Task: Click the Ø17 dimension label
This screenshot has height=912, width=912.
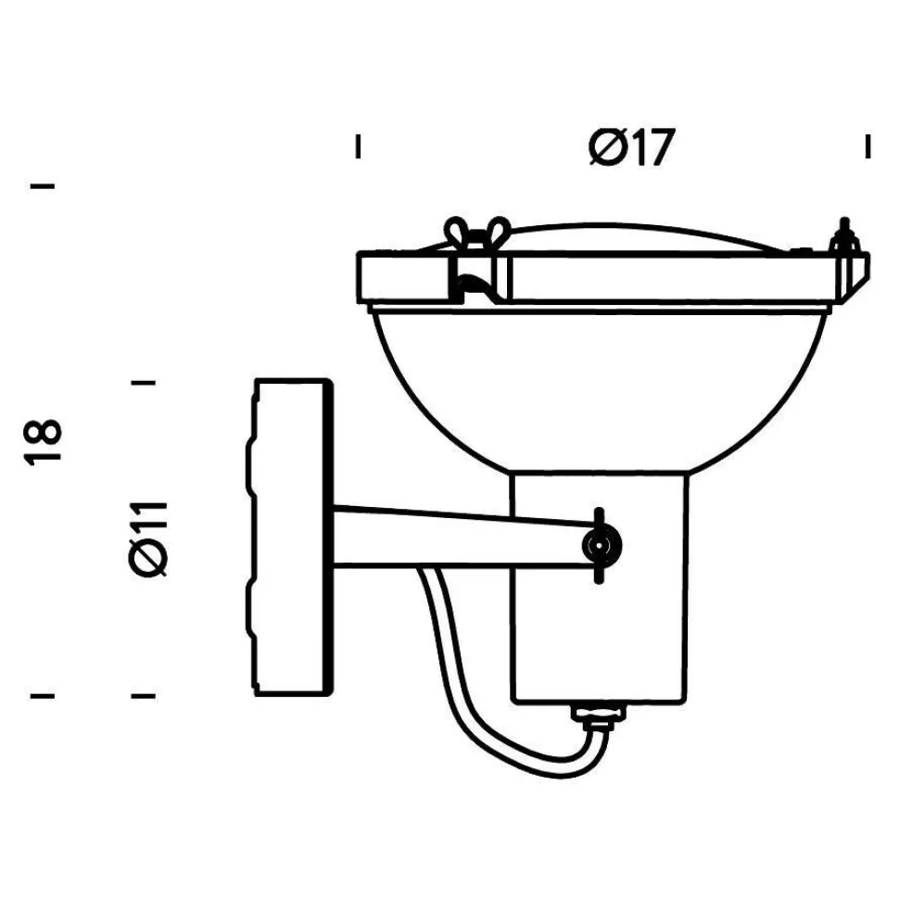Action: (628, 147)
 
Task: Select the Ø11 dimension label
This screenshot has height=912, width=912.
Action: (148, 538)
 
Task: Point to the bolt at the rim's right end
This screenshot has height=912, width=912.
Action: (846, 239)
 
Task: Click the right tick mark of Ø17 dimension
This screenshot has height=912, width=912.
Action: (868, 146)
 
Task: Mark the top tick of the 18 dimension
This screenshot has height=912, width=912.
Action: (44, 186)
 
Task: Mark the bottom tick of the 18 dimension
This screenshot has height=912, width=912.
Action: (44, 694)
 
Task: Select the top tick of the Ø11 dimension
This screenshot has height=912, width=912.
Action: (144, 381)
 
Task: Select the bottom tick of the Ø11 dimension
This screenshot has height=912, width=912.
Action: (144, 694)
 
